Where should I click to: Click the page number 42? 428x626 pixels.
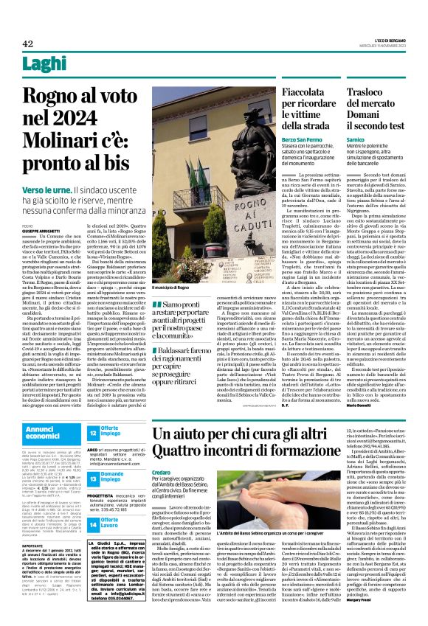pos(28,44)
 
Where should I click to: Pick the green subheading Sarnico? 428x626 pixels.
pos(355,138)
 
